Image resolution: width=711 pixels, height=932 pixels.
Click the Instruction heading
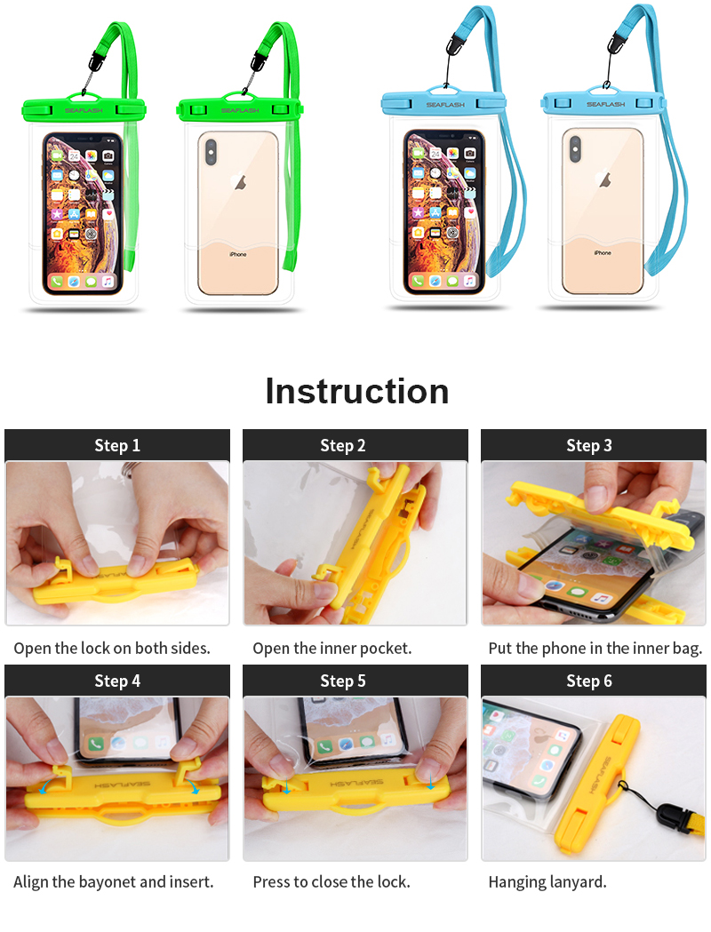(x=356, y=391)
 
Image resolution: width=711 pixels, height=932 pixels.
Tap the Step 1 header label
(x=117, y=445)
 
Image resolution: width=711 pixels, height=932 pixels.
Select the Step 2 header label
(x=343, y=445)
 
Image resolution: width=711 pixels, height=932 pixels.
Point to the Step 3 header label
(x=589, y=445)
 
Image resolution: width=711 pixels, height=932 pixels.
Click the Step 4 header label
(x=117, y=681)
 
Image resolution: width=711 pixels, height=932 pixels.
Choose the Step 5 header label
(x=343, y=681)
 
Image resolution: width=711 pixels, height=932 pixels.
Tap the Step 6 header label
(x=589, y=681)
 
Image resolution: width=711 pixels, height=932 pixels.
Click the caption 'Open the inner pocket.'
(x=332, y=648)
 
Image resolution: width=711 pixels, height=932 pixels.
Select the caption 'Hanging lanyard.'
(x=547, y=882)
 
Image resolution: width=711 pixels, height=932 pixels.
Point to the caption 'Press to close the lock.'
(x=332, y=882)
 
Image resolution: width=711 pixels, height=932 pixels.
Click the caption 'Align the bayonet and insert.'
(x=114, y=882)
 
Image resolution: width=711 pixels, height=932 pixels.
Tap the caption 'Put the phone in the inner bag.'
(x=595, y=648)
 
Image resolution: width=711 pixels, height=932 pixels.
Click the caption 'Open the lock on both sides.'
(x=112, y=648)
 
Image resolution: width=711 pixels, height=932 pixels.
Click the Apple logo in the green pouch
(x=241, y=182)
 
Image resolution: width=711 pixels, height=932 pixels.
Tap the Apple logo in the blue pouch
(x=604, y=179)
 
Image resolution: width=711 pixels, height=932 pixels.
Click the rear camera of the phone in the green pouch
(x=211, y=152)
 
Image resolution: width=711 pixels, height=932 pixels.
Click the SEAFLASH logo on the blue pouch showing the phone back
(x=606, y=104)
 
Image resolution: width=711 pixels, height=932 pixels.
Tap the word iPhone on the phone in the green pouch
(x=238, y=254)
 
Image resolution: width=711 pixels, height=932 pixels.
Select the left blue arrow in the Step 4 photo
(x=44, y=787)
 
